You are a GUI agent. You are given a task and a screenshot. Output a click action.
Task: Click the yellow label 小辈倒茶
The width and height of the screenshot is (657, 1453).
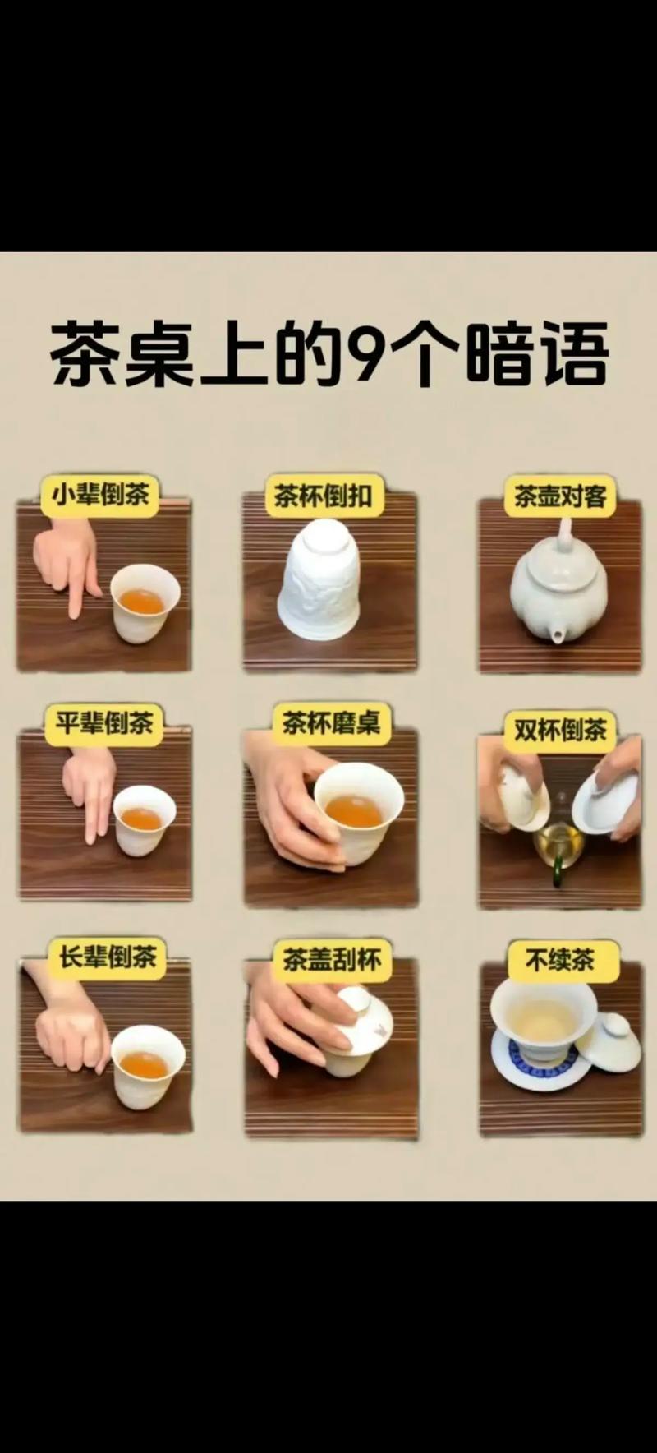point(100,495)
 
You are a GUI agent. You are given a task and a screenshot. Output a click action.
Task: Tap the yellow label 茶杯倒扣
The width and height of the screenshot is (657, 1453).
point(323,496)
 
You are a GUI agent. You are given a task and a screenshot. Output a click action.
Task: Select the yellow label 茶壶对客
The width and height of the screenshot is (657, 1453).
point(559,496)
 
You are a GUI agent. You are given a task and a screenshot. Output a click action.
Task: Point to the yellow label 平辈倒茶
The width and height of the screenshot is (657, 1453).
point(103,724)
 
